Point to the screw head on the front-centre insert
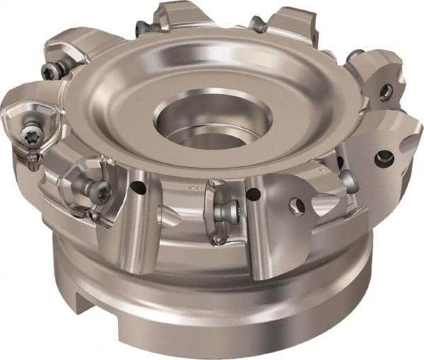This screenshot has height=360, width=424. click(221, 209)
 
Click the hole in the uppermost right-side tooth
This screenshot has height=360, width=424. click(385, 91)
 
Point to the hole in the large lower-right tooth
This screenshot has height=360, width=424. click(386, 157)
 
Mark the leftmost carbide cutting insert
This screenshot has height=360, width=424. click(27, 127)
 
